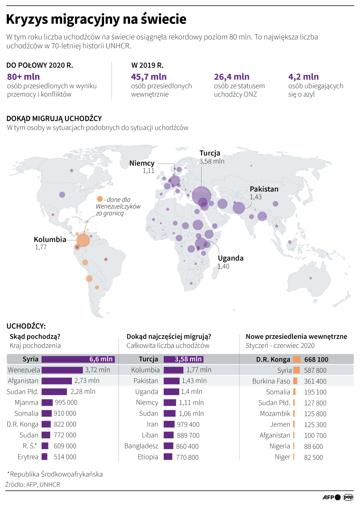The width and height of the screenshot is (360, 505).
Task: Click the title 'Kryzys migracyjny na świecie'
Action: [96, 19]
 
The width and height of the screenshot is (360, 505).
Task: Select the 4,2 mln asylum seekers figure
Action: [303, 76]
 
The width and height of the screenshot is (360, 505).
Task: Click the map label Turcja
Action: [210, 153]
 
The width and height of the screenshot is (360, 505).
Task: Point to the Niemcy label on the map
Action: [142, 163]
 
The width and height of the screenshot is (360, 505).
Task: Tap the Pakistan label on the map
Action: [264, 189]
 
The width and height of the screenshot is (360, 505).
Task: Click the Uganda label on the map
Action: [231, 258]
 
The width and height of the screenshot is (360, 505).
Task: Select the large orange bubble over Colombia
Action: [83, 240]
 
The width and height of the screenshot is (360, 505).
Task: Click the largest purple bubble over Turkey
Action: [201, 196]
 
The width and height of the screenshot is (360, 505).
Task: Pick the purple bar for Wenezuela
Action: [62, 370]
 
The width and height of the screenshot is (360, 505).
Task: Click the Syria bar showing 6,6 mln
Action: [78, 359]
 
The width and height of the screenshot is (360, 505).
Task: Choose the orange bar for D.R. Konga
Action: [297, 359]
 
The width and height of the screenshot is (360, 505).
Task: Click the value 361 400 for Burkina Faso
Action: [316, 381]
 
